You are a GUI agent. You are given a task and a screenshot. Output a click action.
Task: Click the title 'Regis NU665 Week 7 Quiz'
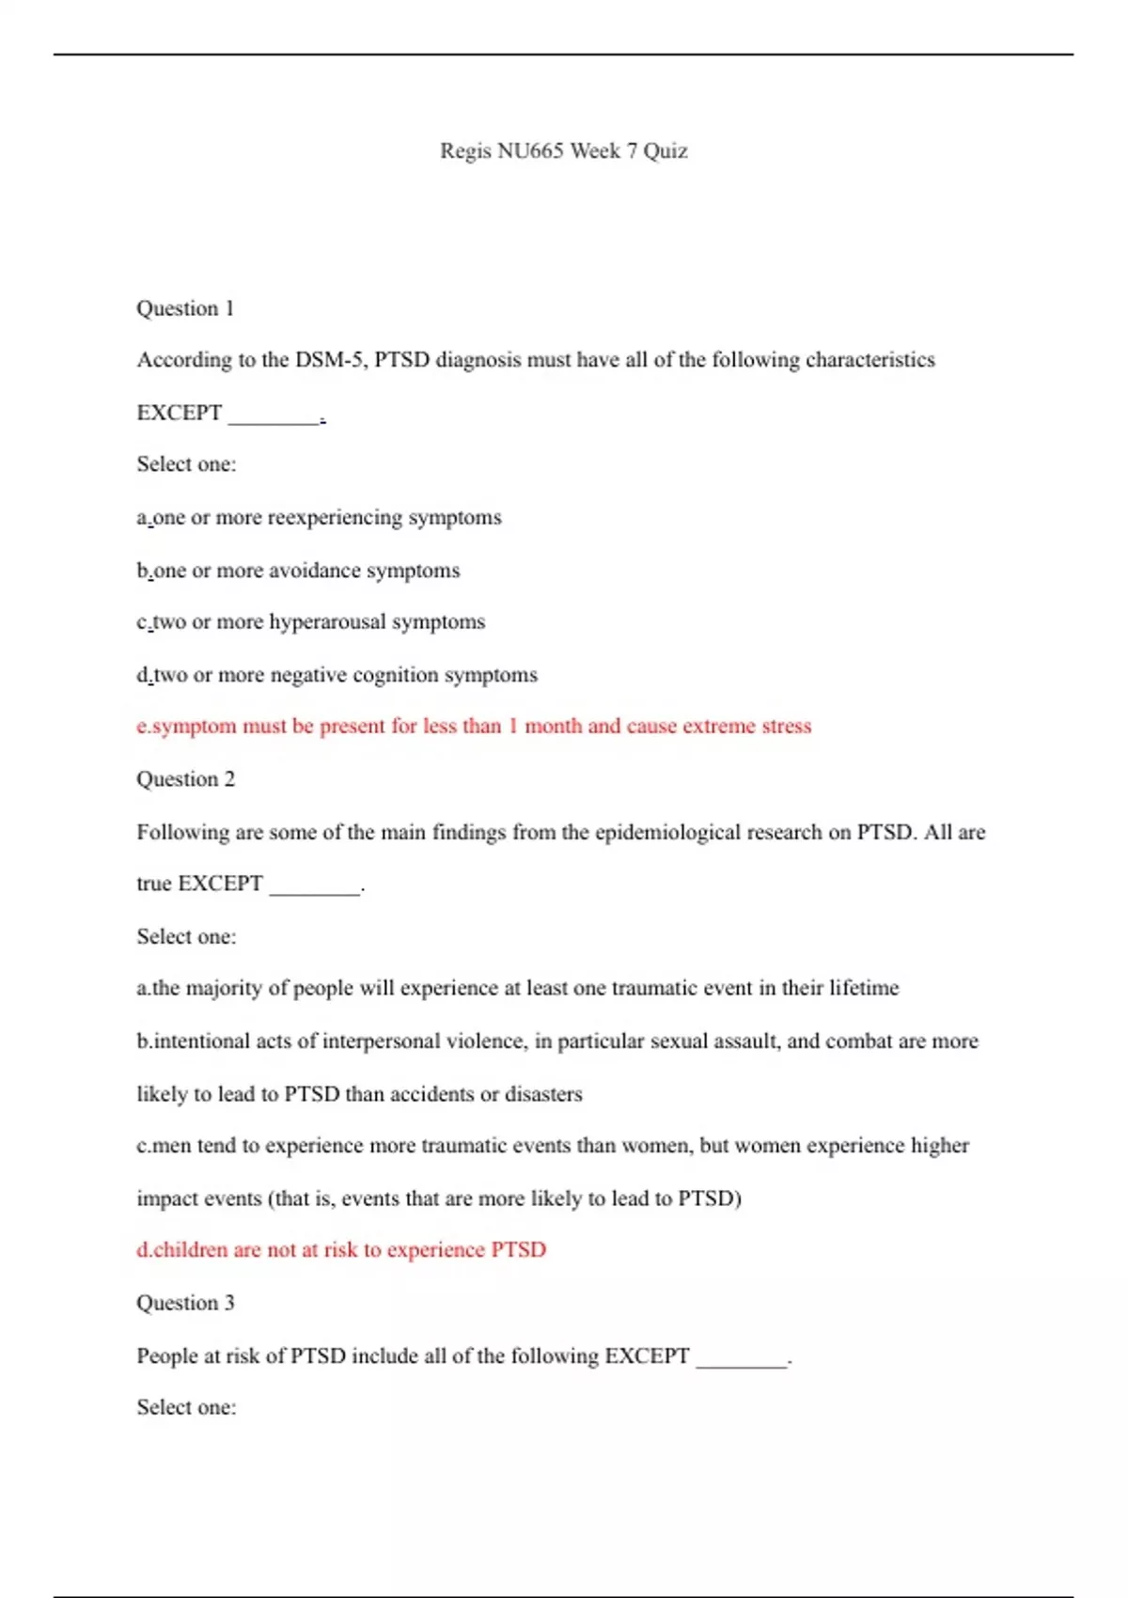(563, 151)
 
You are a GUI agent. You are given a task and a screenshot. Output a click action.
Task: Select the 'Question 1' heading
(185, 309)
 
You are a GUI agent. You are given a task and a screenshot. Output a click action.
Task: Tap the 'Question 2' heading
(185, 779)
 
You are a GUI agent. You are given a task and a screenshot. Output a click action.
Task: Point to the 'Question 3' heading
(185, 1303)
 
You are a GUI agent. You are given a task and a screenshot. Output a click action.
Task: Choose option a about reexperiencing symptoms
(319, 518)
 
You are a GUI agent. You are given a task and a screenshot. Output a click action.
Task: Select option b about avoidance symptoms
(298, 571)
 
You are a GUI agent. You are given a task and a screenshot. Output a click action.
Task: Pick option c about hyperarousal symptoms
(310, 622)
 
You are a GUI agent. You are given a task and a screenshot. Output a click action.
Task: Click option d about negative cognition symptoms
(337, 675)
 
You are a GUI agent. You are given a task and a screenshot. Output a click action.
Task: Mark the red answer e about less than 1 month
(474, 727)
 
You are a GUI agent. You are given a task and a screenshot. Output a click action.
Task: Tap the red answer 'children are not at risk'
(341, 1250)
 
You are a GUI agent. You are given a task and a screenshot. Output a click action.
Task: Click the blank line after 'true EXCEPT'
(315, 886)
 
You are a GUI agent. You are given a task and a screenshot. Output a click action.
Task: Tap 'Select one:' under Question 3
(186, 1407)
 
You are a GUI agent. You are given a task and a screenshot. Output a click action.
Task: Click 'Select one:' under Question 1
(186, 464)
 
